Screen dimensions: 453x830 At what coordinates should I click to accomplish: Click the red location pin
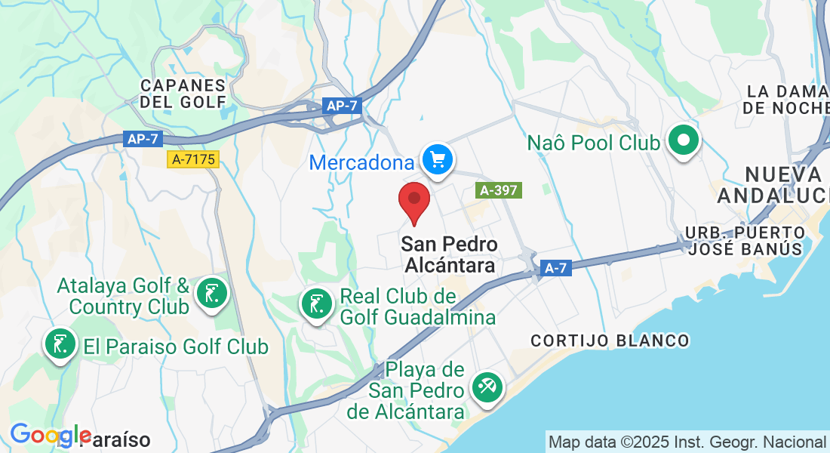414,200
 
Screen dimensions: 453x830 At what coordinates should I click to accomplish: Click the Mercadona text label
362,162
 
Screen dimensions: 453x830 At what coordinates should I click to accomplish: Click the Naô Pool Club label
594,142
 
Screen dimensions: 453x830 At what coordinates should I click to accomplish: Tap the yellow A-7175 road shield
194,159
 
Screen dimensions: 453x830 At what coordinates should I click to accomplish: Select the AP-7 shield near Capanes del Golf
342,106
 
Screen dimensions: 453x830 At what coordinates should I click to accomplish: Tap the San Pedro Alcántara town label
450,254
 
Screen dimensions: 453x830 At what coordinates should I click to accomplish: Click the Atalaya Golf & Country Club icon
212,293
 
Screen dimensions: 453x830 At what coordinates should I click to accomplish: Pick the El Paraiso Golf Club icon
60,344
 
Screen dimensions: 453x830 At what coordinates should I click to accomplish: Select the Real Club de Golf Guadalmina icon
317,304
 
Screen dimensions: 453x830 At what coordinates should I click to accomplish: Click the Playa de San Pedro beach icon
484,388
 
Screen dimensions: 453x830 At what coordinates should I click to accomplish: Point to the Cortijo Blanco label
610,341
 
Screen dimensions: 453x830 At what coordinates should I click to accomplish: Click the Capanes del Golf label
183,93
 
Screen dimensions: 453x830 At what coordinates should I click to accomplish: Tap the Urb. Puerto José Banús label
744,239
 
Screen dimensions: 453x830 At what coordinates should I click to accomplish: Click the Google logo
50,435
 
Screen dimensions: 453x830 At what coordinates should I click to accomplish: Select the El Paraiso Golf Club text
176,347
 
